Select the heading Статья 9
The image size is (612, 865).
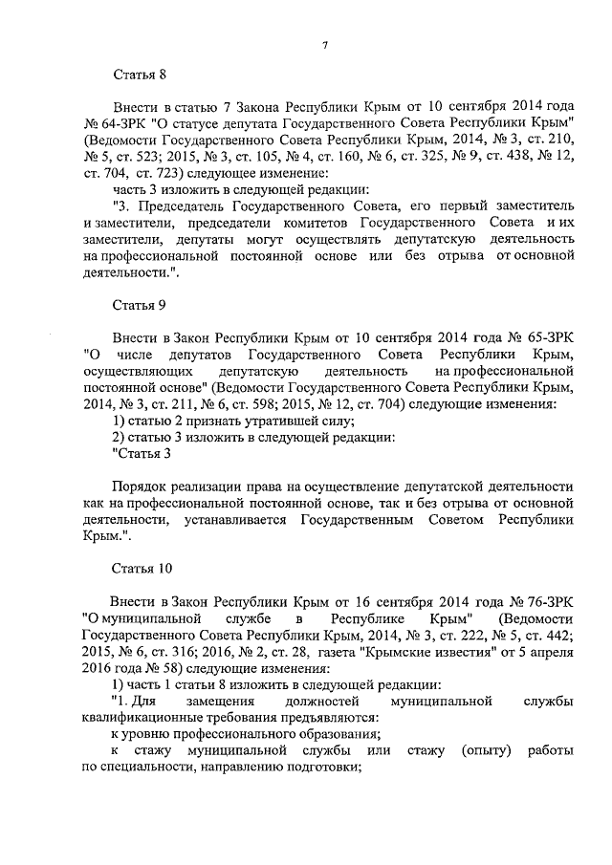141,308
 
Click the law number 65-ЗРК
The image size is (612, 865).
552,341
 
